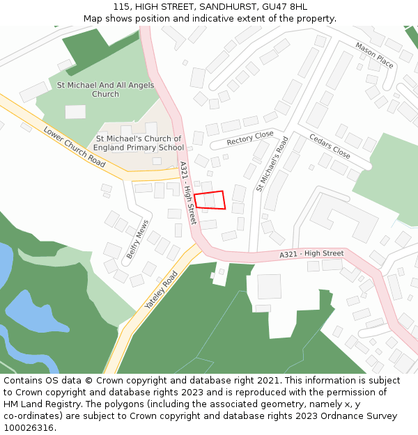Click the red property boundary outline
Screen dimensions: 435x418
click(x=210, y=200)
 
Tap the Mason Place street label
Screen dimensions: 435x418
click(x=374, y=55)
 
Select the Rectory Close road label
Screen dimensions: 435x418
click(x=250, y=139)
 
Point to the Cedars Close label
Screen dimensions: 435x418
click(x=330, y=146)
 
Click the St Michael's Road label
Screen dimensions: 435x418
click(x=272, y=164)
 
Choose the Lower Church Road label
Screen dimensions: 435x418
click(x=74, y=147)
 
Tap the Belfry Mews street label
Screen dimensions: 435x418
click(x=137, y=240)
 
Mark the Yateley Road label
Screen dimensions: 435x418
click(x=161, y=290)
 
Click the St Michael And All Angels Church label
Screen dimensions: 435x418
click(x=105, y=89)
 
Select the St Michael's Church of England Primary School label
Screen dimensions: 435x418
click(x=139, y=143)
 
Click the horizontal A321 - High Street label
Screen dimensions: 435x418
click(x=311, y=254)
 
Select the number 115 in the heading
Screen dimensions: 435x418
click(x=121, y=7)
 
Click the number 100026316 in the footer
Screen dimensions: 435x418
click(x=28, y=427)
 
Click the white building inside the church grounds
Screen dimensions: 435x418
click(x=75, y=111)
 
